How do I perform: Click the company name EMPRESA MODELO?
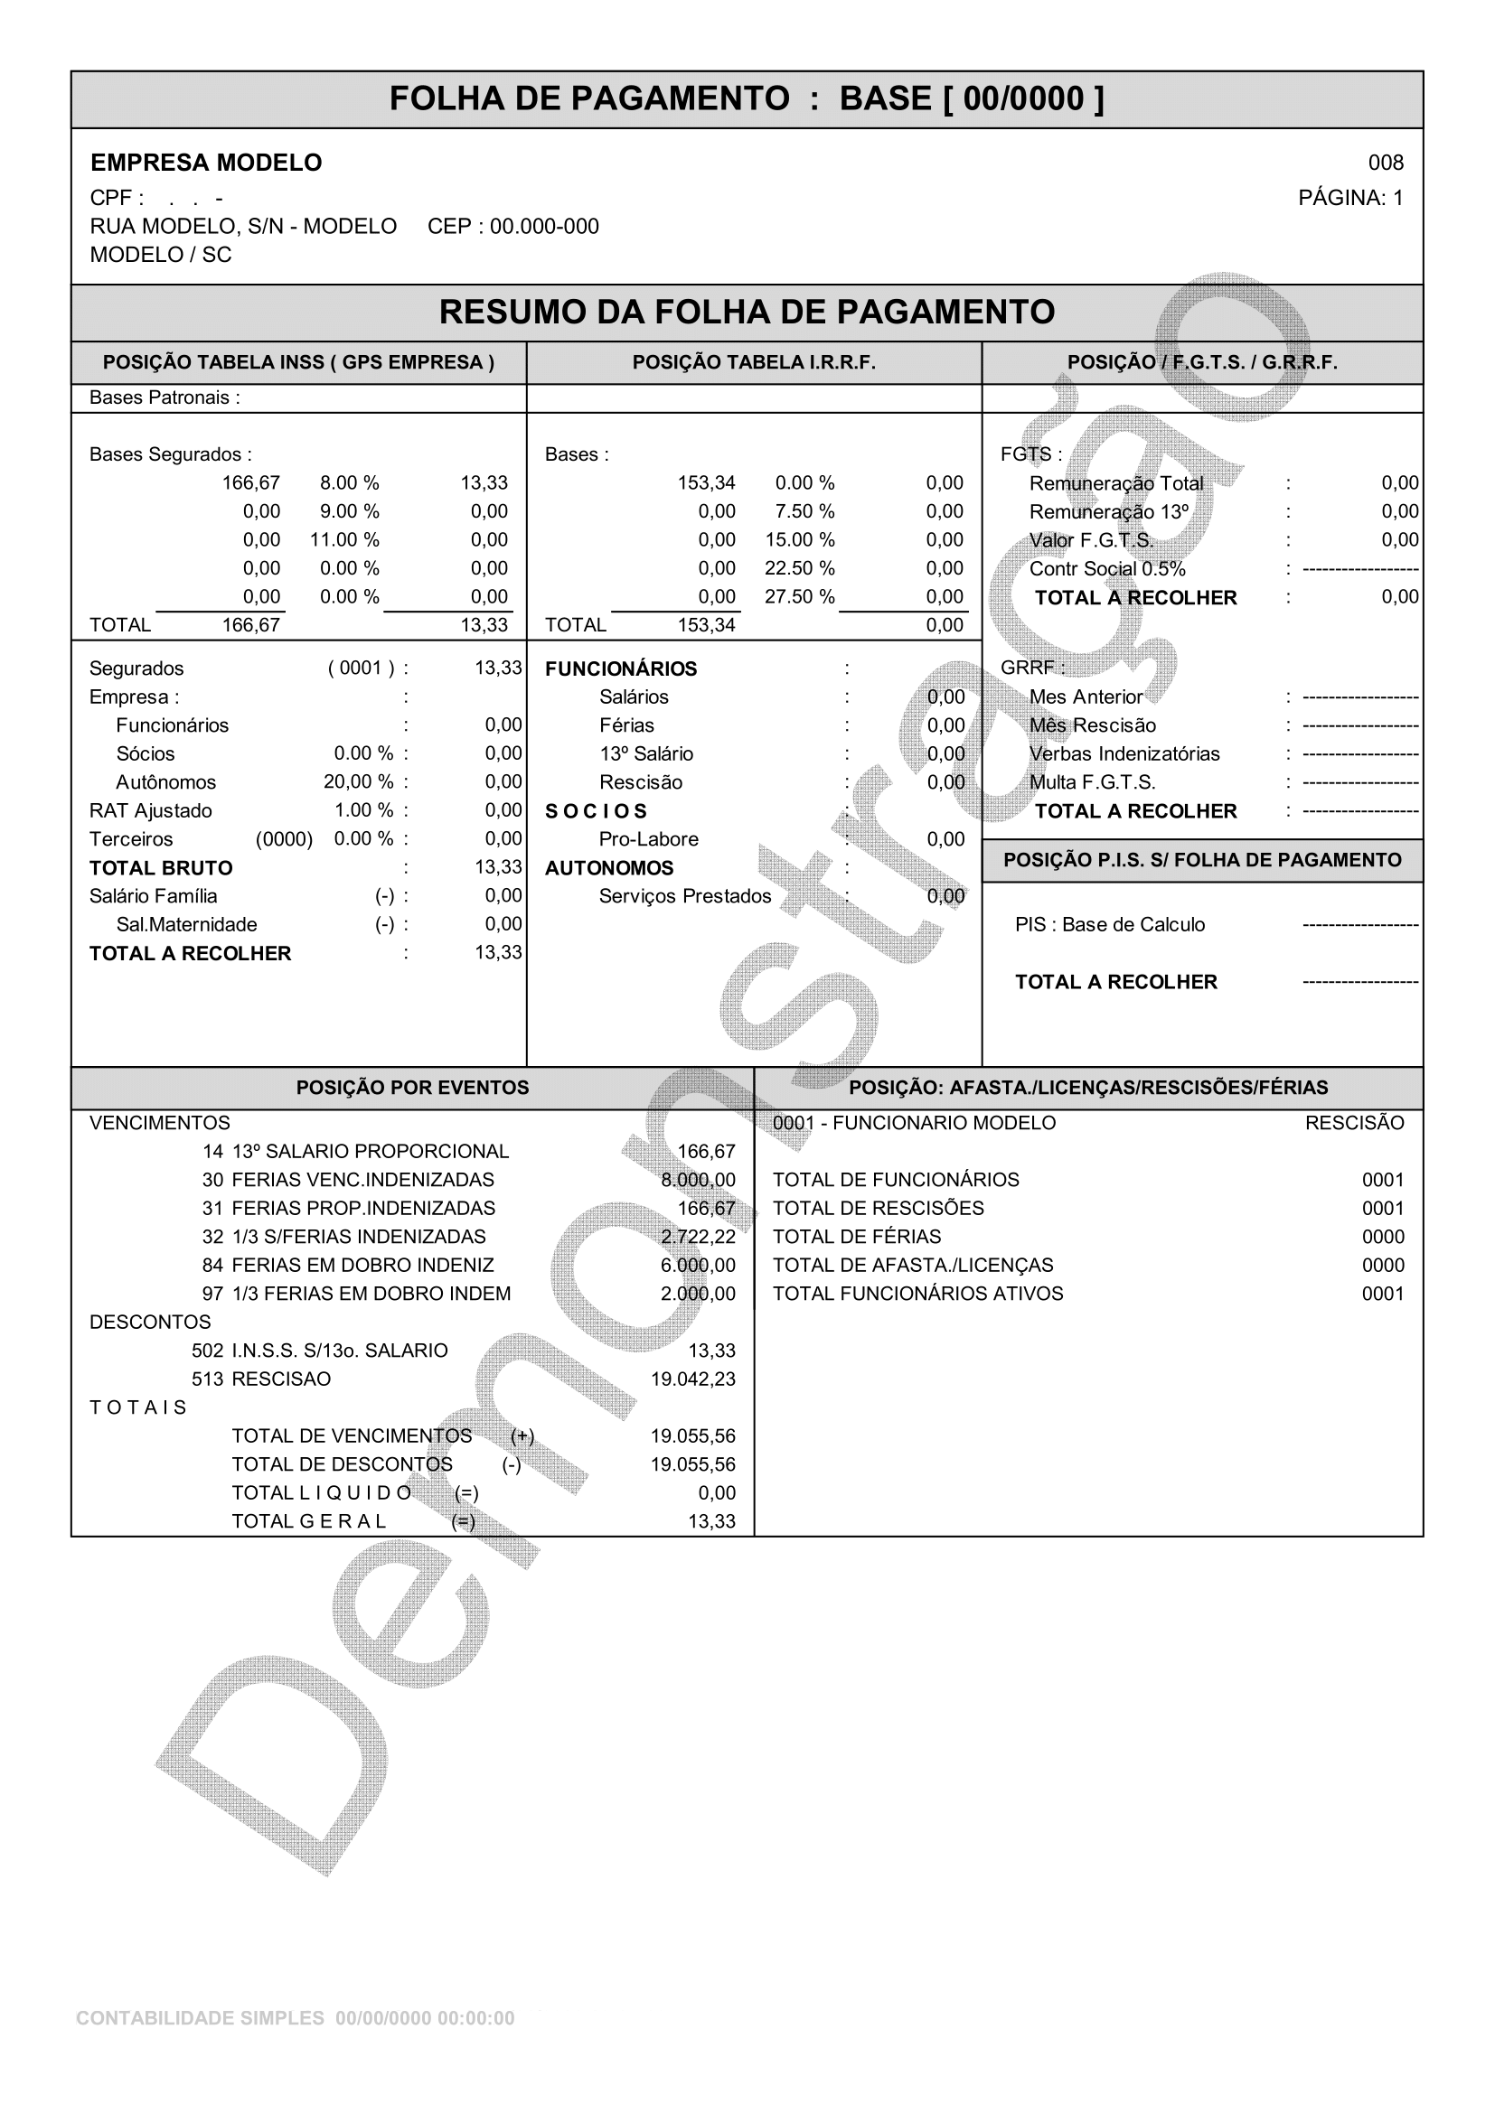[x=206, y=163]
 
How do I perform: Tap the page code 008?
[x=1385, y=163]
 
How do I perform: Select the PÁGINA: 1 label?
[x=1350, y=198]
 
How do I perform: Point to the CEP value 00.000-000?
[x=544, y=227]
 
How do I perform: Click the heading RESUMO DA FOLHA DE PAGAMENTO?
[x=747, y=312]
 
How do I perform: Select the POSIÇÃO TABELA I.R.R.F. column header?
[x=754, y=362]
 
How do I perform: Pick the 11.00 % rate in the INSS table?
[x=344, y=540]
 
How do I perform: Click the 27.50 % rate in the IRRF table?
[x=799, y=597]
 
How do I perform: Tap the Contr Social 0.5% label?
[x=1106, y=569]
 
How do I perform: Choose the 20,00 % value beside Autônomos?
[x=358, y=782]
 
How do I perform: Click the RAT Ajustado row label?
[x=150, y=810]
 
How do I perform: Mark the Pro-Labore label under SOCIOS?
[x=648, y=839]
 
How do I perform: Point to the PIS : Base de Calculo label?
[x=1109, y=925]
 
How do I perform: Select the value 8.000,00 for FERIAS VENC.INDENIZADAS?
[x=698, y=1180]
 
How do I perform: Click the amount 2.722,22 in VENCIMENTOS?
[x=698, y=1237]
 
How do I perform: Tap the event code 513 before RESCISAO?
[x=207, y=1379]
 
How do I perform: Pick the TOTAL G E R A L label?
[x=308, y=1521]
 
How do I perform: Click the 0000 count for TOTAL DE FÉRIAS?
[x=1383, y=1237]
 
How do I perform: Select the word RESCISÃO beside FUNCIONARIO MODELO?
[x=1354, y=1123]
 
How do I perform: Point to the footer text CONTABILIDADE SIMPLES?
[x=200, y=2018]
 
